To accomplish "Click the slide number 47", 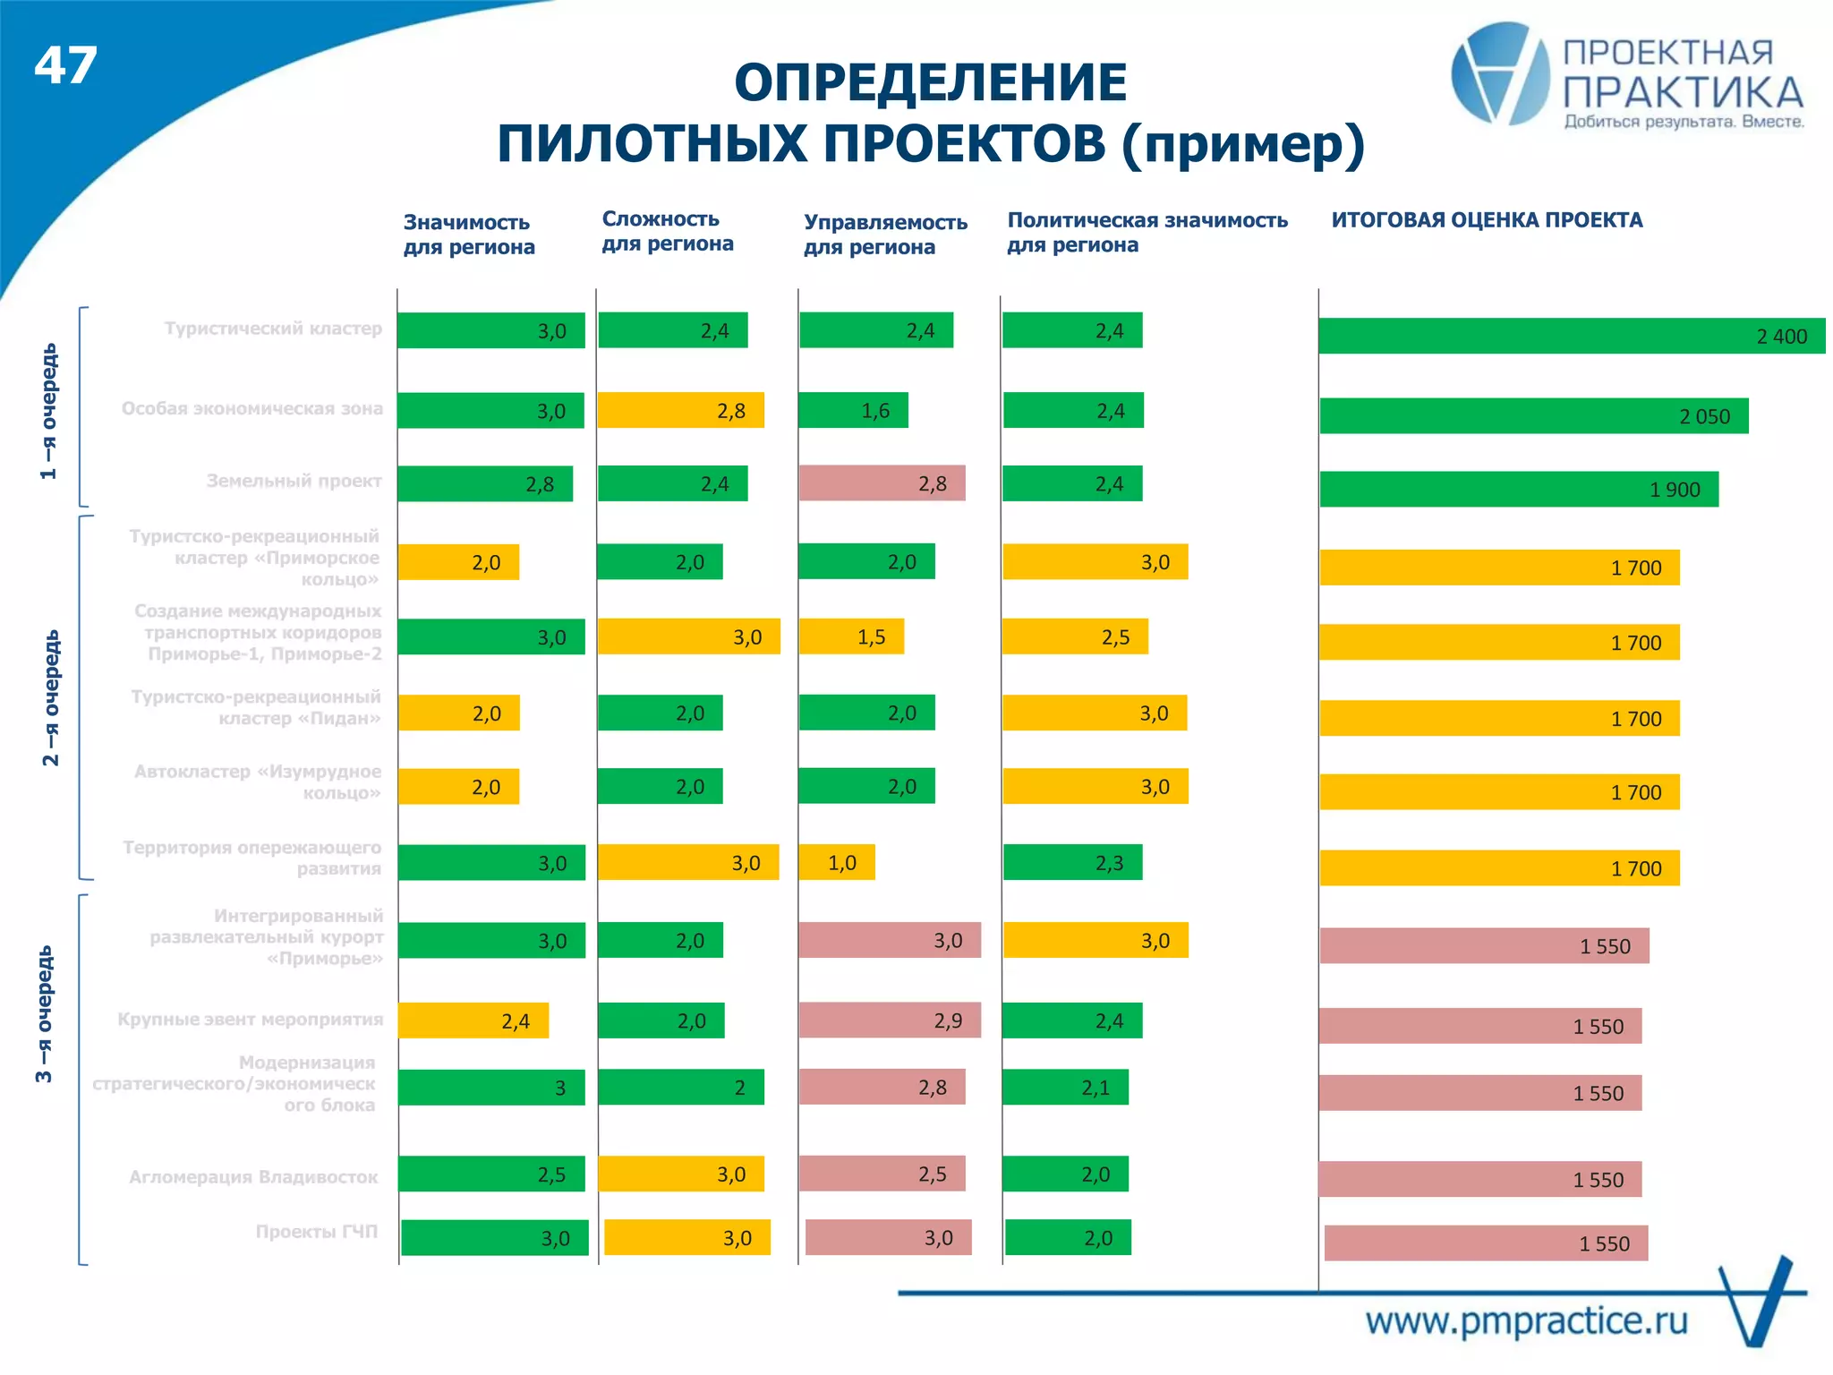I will [x=65, y=65].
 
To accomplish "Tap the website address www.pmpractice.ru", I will [x=1526, y=1320].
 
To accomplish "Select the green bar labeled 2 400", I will [x=1571, y=336].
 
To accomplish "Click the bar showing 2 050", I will [x=1533, y=416].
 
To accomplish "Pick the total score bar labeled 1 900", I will [x=1518, y=490].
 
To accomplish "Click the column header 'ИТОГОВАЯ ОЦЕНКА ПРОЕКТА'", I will [x=1487, y=220].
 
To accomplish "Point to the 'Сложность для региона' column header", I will [x=667, y=232].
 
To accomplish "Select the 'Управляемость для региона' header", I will [x=884, y=235].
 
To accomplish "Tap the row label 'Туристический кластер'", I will [x=273, y=329].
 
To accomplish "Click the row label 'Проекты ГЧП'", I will [x=317, y=1232].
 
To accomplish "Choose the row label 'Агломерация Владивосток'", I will [x=253, y=1176].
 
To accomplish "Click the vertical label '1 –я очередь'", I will [x=48, y=410].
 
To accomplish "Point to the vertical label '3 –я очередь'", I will [x=45, y=1014].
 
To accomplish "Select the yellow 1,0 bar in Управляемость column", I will [x=837, y=863].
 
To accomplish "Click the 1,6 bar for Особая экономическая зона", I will [x=853, y=411].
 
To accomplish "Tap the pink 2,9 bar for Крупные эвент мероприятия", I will [x=889, y=1021].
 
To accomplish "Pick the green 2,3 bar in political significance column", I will [x=1072, y=863].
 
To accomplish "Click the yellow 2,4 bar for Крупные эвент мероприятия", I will [x=473, y=1021].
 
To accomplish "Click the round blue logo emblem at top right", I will [x=1499, y=73].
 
